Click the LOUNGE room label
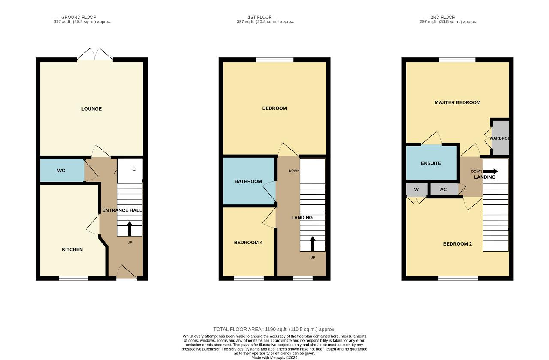point(91,109)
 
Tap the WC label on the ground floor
point(61,171)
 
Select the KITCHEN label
point(72,249)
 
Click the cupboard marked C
point(130,171)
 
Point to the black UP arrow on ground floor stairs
point(130,229)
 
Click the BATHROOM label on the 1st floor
point(248,181)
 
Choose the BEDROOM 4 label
point(248,243)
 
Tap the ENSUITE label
point(431,163)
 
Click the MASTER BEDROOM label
point(457,102)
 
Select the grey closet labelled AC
point(444,189)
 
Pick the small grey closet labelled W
point(416,189)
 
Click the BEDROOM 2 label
point(458,244)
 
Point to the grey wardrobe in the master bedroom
point(501,138)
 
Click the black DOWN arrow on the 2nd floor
point(490,171)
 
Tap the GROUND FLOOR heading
point(78,18)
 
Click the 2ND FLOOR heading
point(443,18)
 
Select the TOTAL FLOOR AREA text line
point(274,330)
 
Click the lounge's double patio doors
point(95,54)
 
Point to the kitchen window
point(73,278)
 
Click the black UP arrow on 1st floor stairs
point(313,244)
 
